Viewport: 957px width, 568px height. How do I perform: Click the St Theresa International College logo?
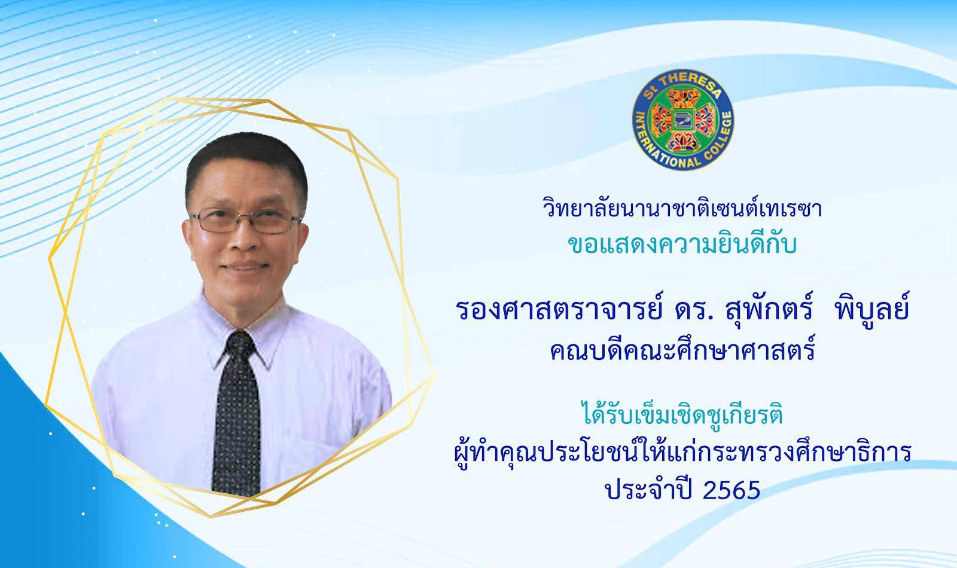(x=682, y=120)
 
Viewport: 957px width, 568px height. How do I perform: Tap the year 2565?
(x=732, y=490)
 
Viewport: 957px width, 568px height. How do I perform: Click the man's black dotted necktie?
(x=236, y=413)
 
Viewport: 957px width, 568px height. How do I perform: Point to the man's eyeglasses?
(x=245, y=220)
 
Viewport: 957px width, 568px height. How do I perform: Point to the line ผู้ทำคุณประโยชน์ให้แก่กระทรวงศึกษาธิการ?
(x=682, y=453)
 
